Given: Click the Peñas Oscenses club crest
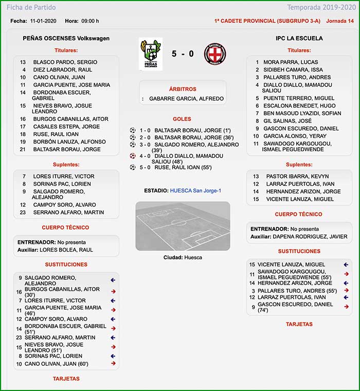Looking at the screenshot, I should pyautogui.click(x=150, y=54).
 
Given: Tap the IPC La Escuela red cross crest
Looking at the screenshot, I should pyautogui.click(x=215, y=54).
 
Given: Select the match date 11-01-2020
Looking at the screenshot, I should pyautogui.click(x=43, y=21).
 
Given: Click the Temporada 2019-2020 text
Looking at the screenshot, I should pyautogui.click(x=321, y=8).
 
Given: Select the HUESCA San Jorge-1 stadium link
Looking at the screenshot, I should pyautogui.click(x=197, y=191).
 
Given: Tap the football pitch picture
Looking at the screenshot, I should pyautogui.click(x=183, y=226).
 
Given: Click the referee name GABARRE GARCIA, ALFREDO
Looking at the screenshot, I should pyautogui.click(x=187, y=98).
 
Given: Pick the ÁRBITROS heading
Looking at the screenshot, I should pyautogui.click(x=183, y=90).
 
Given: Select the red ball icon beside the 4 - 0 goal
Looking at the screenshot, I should pyautogui.click(x=133, y=155).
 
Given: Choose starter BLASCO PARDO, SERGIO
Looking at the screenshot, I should pyautogui.click(x=65, y=62).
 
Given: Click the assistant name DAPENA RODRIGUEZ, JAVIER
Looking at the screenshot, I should pyautogui.click(x=310, y=237).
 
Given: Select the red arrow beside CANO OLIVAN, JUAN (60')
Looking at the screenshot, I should pyautogui.click(x=113, y=363).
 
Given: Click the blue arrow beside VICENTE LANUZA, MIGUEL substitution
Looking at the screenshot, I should pyautogui.click(x=346, y=264).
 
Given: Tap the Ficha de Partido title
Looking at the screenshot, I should pyautogui.click(x=31, y=8).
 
